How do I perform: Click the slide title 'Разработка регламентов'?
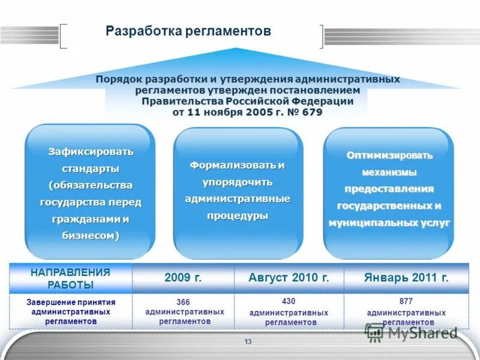188,31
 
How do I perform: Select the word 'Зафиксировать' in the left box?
91,151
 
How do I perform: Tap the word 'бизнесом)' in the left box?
91,236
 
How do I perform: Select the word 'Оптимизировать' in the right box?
389,155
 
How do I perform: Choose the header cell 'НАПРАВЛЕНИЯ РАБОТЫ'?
70,278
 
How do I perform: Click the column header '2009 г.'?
183,278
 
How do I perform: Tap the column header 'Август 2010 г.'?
289,278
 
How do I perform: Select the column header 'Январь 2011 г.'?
406,278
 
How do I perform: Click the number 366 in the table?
184,302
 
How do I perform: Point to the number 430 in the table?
289,301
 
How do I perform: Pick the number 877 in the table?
406,301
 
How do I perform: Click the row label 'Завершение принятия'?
71,302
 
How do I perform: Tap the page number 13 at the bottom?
248,342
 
